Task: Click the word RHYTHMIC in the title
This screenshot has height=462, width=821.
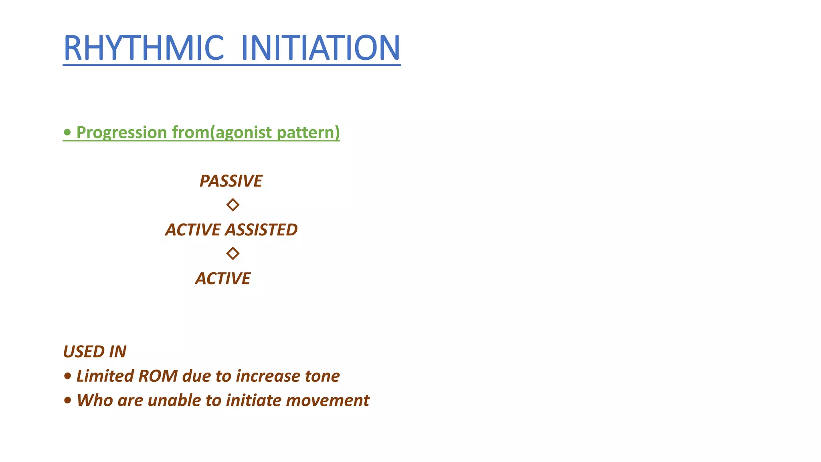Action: pos(144,48)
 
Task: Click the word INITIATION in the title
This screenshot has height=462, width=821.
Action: pos(320,48)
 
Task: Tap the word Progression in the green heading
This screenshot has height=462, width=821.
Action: pos(121,132)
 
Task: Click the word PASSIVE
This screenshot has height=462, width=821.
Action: pos(231,181)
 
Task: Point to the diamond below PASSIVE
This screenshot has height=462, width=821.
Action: pos(233,205)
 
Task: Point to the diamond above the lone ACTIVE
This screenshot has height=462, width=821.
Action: pos(233,253)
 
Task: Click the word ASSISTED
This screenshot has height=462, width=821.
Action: pos(261,230)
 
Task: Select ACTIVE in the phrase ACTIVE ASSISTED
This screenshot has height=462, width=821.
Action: pos(193,230)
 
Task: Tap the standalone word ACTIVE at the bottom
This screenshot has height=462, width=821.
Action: pos(223,278)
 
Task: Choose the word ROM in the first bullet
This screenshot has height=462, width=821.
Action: pos(158,376)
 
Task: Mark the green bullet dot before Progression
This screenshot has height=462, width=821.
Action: pos(68,132)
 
